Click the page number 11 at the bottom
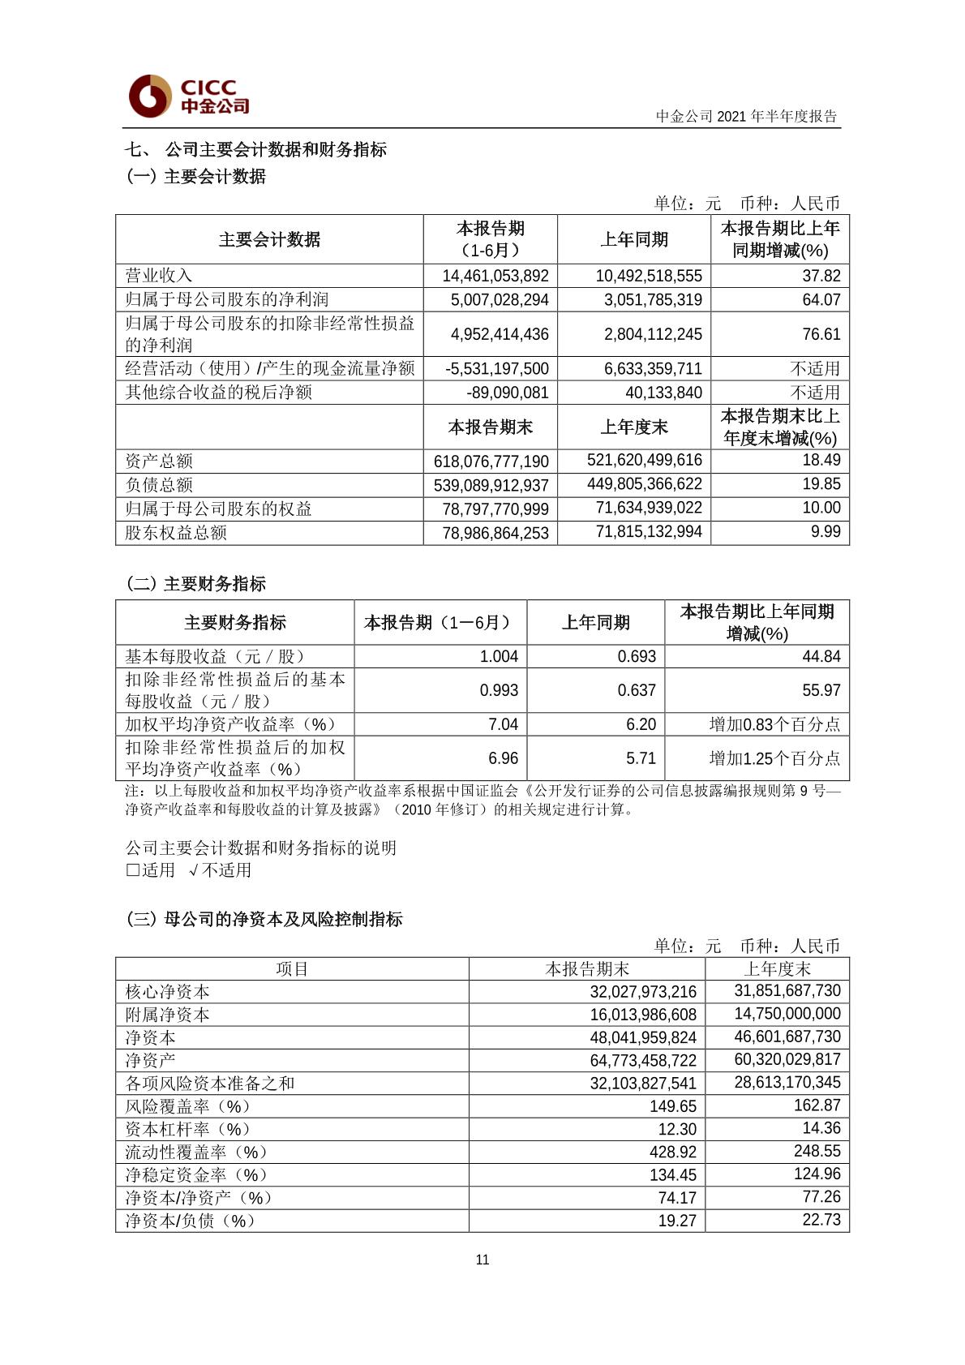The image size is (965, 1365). coord(482,1260)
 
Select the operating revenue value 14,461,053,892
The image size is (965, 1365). coord(495,276)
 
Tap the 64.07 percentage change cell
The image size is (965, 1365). coord(821,299)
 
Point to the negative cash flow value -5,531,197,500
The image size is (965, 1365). coord(497,368)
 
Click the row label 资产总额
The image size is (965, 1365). coord(159,461)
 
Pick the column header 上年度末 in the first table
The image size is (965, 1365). coord(634,427)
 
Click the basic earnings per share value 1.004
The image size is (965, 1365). coord(499,656)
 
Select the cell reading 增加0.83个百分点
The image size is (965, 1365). coord(774,724)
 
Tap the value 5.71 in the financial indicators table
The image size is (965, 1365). coord(641,758)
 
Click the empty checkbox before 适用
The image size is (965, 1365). coord(133,870)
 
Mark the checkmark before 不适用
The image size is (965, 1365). coord(193,870)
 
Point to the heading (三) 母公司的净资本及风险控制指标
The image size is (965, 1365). coord(264,919)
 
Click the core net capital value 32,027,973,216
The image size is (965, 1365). coord(643,991)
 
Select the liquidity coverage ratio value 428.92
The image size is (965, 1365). coord(677,1152)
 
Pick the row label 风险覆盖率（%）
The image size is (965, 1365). coord(187,1106)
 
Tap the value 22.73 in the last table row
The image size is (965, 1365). coord(821,1220)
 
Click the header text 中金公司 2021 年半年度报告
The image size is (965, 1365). coord(746,116)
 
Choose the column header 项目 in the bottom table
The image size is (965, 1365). coord(292,968)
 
